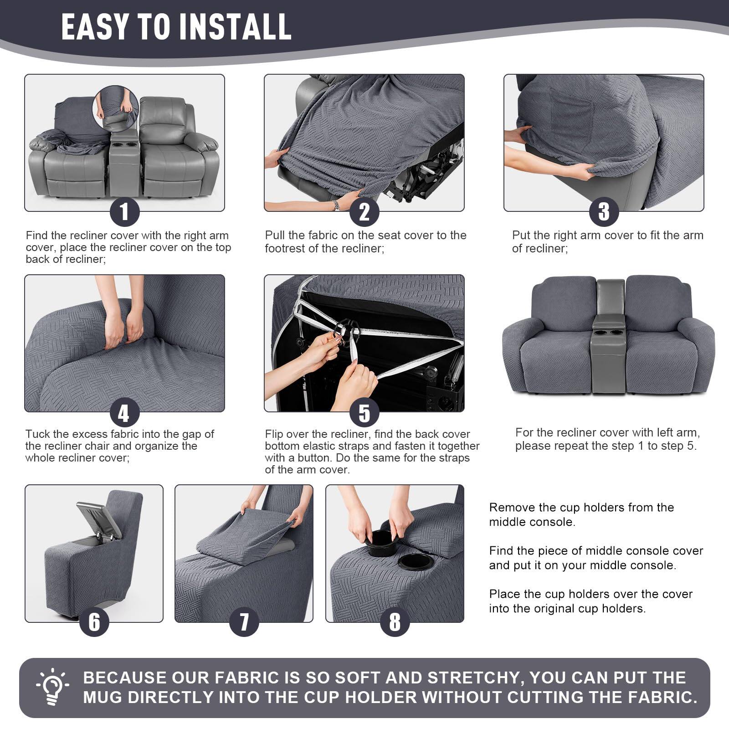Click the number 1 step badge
[x=124, y=211]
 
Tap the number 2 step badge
[x=364, y=211]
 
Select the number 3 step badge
[x=604, y=211]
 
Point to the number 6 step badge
[x=94, y=622]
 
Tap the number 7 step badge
[x=244, y=622]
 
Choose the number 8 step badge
[x=395, y=622]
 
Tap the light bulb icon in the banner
[x=53, y=687]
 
